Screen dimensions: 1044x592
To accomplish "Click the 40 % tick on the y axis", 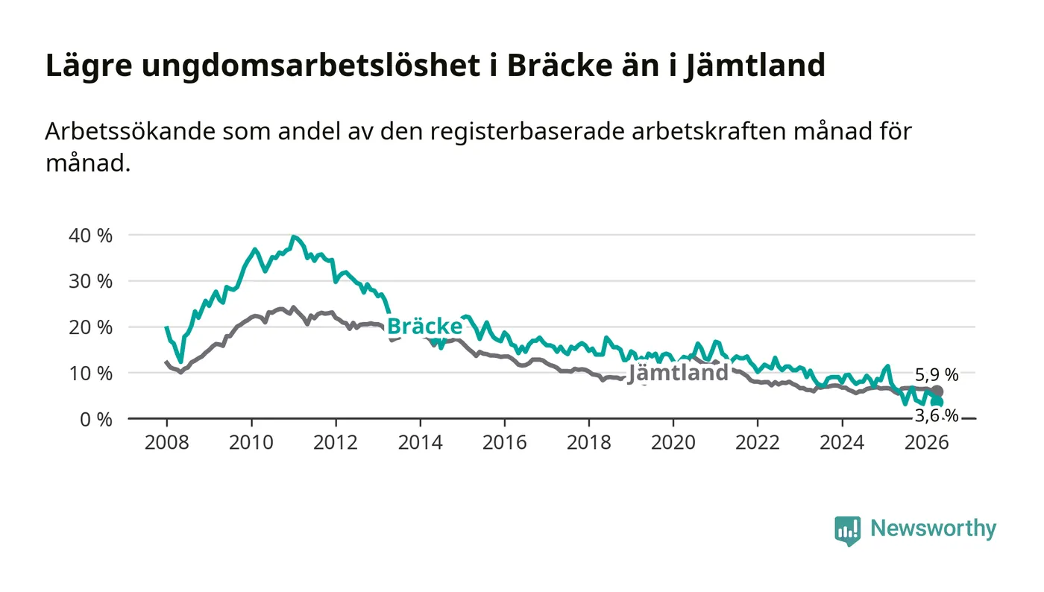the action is tap(90, 236).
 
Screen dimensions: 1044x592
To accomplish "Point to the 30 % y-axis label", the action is tap(90, 282).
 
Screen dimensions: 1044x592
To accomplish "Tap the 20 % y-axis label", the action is tap(90, 327).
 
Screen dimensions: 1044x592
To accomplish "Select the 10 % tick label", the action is tap(90, 374).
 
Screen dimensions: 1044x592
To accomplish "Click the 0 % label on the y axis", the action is tap(96, 420).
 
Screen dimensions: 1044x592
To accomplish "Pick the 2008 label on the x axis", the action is tap(167, 442).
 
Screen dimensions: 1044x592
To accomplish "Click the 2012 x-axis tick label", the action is tap(336, 442).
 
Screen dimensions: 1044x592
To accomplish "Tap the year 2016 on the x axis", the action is tap(504, 442).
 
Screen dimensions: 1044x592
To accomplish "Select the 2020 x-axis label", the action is tap(673, 442).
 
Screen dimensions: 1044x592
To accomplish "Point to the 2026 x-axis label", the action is tap(926, 442).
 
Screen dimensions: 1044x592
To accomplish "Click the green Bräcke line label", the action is tap(424, 327).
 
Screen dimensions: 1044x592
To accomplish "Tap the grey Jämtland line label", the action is tap(678, 373).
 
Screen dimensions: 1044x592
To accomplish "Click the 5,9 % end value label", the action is tap(937, 375).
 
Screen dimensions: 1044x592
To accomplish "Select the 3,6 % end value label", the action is tap(937, 415).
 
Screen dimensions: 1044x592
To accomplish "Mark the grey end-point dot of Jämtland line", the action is tap(937, 391).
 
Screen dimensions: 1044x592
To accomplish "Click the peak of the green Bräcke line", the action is tap(293, 237).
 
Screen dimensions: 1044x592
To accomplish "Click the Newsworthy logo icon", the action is tap(847, 531).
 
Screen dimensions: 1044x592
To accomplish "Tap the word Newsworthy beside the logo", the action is tap(934, 529).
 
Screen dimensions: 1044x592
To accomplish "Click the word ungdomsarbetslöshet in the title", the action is tap(311, 66).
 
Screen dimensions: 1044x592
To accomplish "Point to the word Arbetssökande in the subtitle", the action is tap(130, 131).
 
